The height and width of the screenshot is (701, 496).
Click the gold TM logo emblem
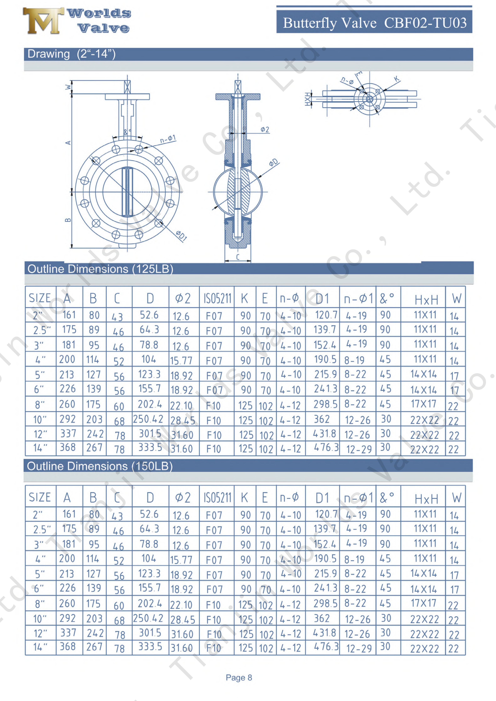pos(43,21)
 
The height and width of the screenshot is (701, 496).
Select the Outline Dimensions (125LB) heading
pos(100,269)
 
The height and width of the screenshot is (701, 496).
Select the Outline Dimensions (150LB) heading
pos(100,466)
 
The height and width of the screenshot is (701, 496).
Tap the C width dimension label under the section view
pos(238,257)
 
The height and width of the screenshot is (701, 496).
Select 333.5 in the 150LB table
pos(150,646)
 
